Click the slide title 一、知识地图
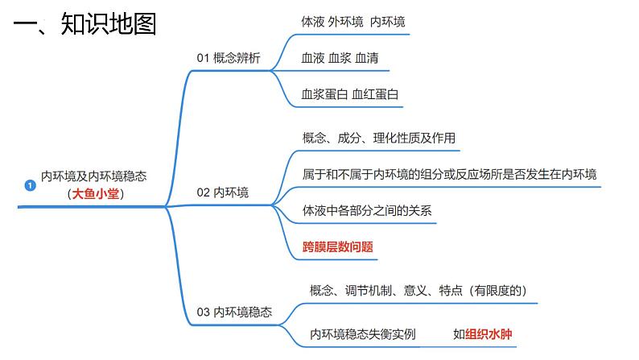click(85, 23)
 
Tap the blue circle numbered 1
click(31, 185)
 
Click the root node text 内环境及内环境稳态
click(94, 176)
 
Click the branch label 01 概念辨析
click(229, 57)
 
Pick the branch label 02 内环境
click(223, 192)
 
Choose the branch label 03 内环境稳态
click(234, 312)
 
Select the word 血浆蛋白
click(324, 94)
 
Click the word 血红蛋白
click(375, 94)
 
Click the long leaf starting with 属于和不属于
click(449, 174)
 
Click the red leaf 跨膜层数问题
click(337, 246)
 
